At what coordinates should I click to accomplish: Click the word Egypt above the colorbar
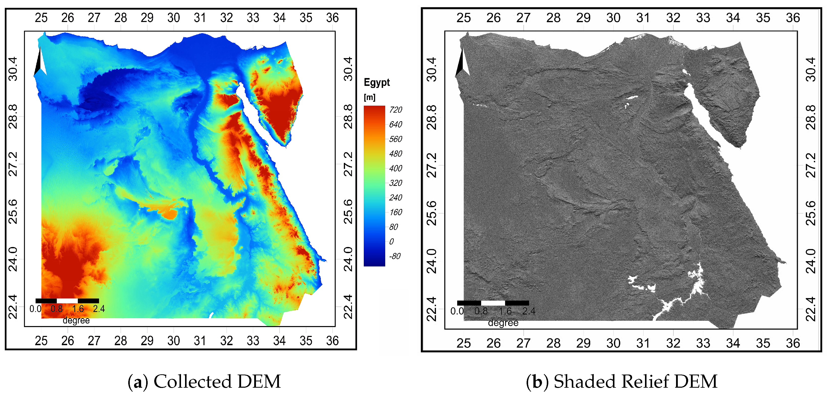point(377,83)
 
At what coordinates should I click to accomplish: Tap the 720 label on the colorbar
point(396,110)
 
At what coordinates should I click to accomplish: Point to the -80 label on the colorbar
point(395,256)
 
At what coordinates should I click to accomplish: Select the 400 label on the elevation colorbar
point(396,168)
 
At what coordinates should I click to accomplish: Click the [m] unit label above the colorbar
point(370,97)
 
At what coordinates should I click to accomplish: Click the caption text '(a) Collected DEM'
point(204,381)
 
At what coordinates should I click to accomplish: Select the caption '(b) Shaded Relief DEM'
point(621,381)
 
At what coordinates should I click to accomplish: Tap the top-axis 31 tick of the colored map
point(200,18)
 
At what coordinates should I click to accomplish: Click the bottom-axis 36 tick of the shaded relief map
point(793,343)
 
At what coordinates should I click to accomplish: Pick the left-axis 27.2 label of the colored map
point(13,164)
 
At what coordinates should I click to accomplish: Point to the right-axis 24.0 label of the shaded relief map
point(810,261)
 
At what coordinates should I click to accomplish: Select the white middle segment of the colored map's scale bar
point(67,301)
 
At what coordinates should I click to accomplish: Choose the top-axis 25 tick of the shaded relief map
point(463,18)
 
